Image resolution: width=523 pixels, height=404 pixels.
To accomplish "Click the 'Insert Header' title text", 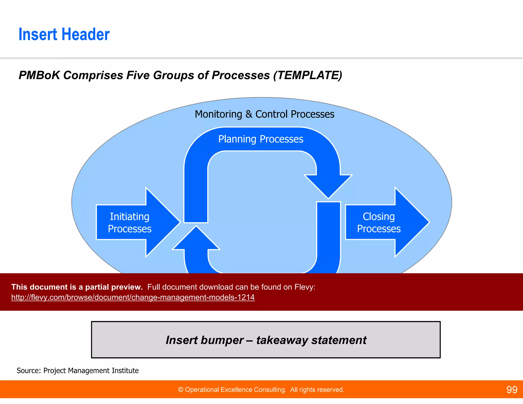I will [64, 34].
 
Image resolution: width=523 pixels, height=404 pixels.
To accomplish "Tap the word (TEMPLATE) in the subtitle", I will [307, 75].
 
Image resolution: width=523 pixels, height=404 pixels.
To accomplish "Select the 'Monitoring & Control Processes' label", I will [264, 114].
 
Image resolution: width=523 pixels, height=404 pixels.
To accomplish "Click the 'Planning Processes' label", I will [260, 139].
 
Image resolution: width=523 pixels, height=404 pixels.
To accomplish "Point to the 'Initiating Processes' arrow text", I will [129, 223].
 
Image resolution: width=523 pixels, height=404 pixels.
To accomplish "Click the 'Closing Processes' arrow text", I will [379, 223].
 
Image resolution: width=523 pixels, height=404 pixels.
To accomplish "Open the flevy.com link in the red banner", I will [133, 297].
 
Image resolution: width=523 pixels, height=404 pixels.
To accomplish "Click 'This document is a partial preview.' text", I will [77, 287].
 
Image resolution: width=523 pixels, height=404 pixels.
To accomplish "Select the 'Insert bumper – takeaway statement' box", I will [266, 340].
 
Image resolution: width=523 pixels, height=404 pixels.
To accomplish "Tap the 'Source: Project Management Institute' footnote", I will [78, 371].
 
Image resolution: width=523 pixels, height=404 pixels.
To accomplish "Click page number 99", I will [512, 390].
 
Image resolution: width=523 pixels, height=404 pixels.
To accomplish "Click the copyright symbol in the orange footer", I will [181, 390].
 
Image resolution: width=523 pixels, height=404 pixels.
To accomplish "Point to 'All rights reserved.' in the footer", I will [317, 390].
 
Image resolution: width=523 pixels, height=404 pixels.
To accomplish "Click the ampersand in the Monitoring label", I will [249, 114].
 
